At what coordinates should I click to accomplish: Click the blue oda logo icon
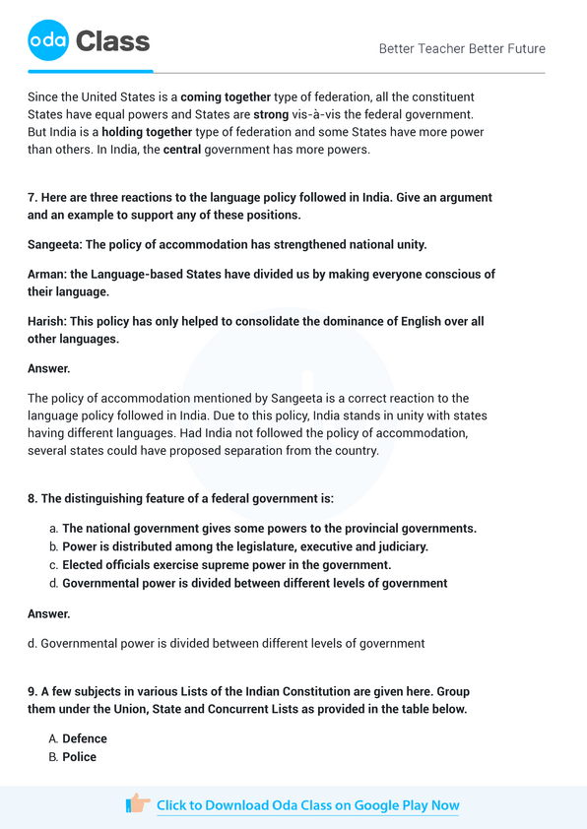click(48, 40)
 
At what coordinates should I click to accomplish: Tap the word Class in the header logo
click(112, 41)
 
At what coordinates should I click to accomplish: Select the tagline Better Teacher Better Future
click(461, 48)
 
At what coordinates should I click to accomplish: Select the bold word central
click(181, 150)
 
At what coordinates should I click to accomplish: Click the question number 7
click(33, 198)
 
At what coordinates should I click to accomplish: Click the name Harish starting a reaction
click(47, 322)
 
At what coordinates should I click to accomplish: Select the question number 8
click(33, 499)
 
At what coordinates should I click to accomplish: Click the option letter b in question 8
click(52, 546)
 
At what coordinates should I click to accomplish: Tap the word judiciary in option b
click(400, 546)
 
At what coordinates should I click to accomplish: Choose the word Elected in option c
click(86, 565)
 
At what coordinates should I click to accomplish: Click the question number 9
click(33, 691)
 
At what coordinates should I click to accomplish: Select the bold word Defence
click(85, 738)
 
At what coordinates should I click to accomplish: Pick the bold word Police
click(79, 757)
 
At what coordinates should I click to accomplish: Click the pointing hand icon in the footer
click(138, 804)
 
